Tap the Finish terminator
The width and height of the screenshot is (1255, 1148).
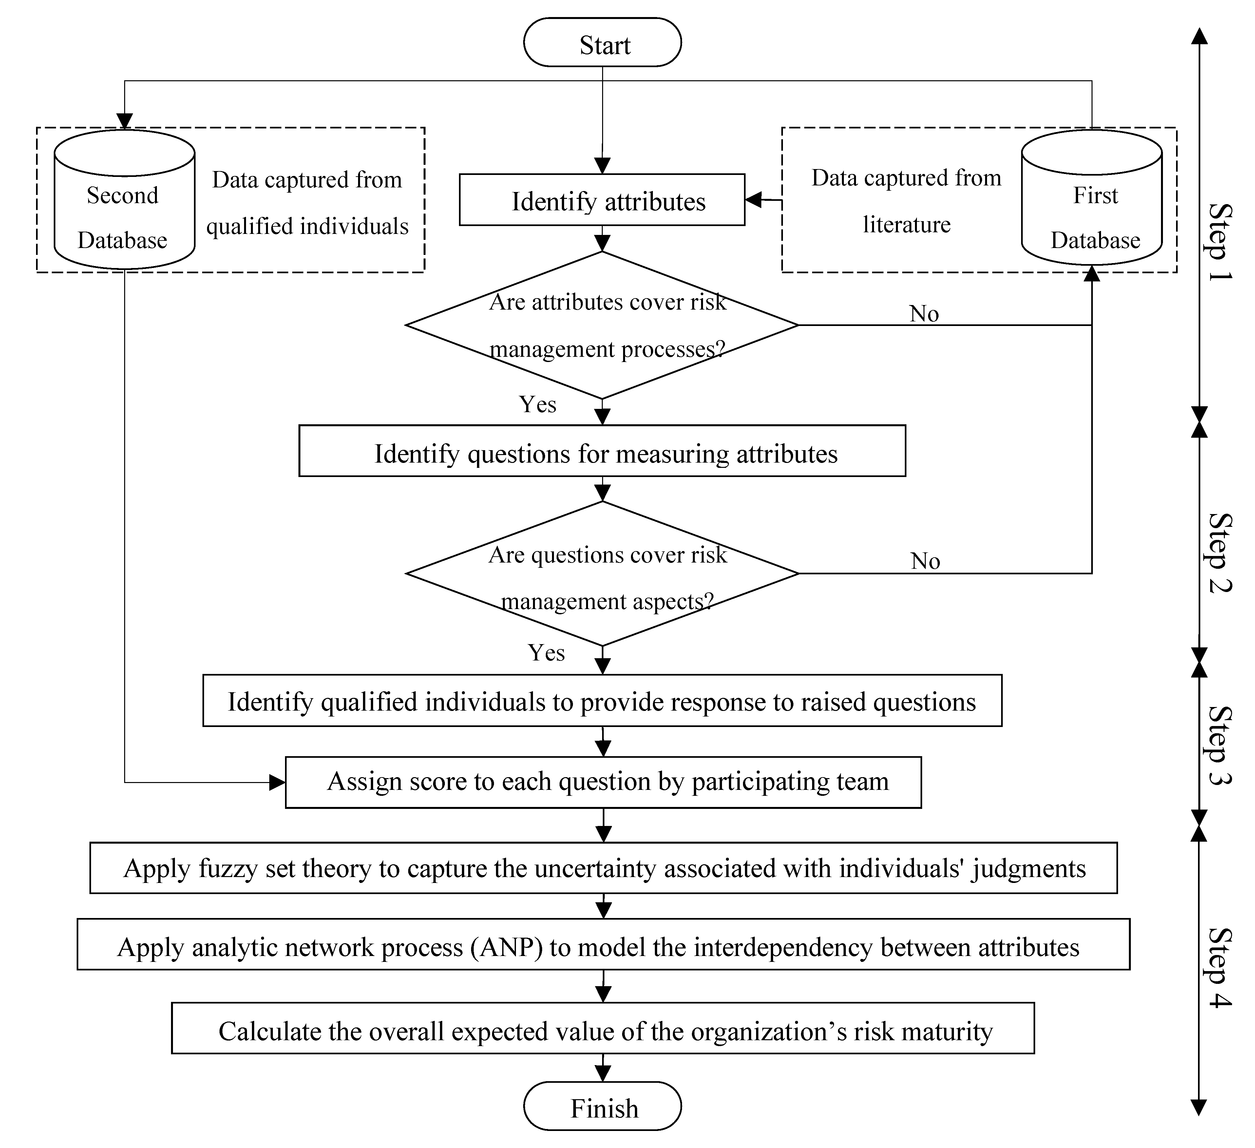tap(602, 1108)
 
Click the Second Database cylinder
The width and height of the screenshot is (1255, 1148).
tap(124, 199)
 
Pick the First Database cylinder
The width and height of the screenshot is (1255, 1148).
tap(1092, 197)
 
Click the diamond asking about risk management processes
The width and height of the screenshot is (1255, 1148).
tap(602, 325)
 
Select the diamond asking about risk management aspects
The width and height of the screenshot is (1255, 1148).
tap(602, 573)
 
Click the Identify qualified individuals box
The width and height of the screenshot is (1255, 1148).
tap(602, 700)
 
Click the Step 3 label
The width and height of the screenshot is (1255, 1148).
tap(1219, 745)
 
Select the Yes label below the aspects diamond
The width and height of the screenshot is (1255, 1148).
tap(546, 652)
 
